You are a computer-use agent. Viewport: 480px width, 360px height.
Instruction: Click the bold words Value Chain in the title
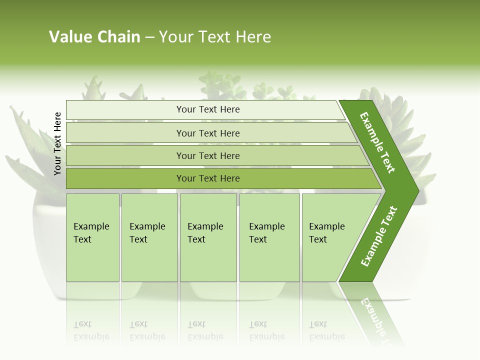pos(94,37)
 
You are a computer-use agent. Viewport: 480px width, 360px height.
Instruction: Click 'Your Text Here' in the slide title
pos(215,37)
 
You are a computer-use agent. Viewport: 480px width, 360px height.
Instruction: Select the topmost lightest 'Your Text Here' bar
pos(207,109)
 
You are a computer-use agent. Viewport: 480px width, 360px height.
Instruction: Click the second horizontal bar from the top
pos(207,133)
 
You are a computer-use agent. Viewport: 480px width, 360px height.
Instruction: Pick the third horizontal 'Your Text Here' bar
pos(207,155)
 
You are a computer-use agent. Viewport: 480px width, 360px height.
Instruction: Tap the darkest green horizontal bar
pos(207,178)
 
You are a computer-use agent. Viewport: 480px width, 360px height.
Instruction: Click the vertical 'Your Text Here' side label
pos(57,143)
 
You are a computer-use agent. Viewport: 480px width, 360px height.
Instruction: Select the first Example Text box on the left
pos(92,237)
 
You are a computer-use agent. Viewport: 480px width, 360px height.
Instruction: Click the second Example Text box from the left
pos(149,237)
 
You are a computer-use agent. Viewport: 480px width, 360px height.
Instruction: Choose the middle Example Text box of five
pos(207,237)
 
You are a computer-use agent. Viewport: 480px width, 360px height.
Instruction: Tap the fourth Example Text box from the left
pos(269,237)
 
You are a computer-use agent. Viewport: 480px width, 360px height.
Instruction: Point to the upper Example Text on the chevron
pos(377,142)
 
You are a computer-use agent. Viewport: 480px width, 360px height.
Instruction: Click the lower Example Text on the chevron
pos(379,236)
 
